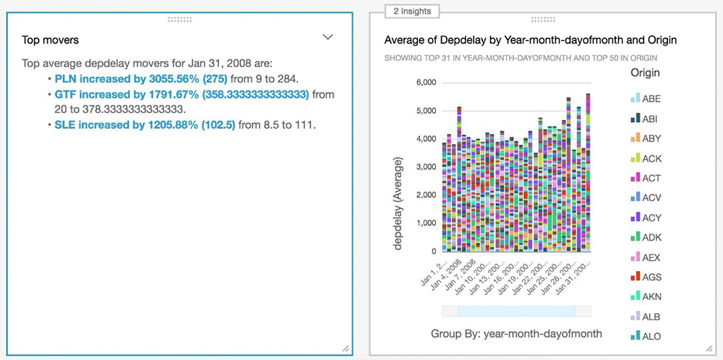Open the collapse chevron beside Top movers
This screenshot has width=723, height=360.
tap(328, 37)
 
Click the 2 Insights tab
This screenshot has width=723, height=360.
tap(412, 11)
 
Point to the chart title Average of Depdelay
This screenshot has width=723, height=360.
tap(530, 39)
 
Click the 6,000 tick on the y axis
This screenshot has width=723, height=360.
tap(424, 82)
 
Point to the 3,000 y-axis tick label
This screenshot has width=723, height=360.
tap(424, 167)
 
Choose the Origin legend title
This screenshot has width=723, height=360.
tap(645, 72)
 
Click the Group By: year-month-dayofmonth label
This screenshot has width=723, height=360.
tap(516, 333)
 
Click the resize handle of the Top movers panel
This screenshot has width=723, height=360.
tap(346, 348)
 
